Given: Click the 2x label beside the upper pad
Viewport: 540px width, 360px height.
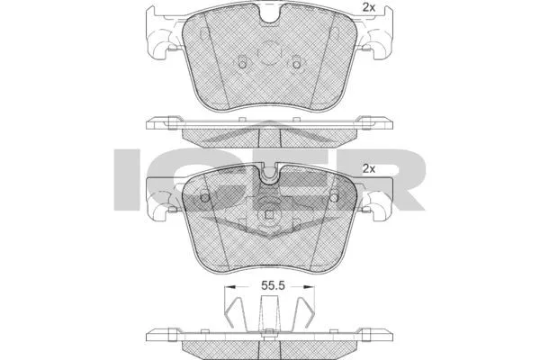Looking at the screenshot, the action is (368, 7).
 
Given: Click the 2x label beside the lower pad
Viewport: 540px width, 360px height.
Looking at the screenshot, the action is (368, 169).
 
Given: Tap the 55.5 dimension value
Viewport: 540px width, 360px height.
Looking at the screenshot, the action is (273, 285).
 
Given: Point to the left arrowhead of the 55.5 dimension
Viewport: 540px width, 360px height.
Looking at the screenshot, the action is (229, 286).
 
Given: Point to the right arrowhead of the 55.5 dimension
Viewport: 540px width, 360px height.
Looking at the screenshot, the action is (310, 286).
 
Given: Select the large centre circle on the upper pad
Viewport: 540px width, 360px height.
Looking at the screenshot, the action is (268, 53).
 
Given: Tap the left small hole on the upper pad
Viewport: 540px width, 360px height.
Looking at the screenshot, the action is (242, 65).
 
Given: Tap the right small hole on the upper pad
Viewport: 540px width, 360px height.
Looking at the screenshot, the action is (296, 65).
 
